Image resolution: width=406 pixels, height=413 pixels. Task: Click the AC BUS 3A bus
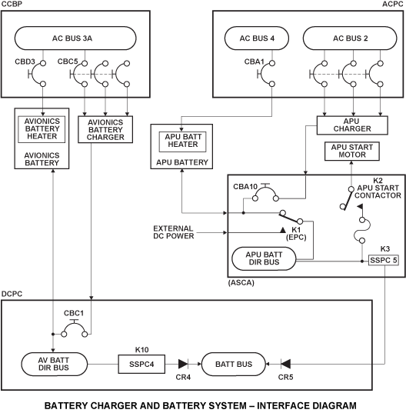(75, 38)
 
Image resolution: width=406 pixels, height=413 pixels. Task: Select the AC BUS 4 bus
(257, 38)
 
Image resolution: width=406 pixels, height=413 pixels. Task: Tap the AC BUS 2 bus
(350, 38)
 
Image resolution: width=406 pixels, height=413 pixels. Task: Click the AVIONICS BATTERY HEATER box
(42, 129)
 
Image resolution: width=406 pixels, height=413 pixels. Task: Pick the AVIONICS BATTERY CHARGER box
(105, 129)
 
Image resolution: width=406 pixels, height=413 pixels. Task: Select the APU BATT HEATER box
(183, 142)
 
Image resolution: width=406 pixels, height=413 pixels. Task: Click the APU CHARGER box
(352, 125)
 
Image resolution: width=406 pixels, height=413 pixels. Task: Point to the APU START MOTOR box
(352, 152)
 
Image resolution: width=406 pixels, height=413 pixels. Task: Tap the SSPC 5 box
(384, 260)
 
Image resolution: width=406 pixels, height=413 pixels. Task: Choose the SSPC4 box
(141, 365)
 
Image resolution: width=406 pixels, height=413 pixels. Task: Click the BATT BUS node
(234, 365)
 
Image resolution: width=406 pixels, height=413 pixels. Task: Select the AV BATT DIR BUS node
(54, 364)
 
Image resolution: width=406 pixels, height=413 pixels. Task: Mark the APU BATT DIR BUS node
(264, 258)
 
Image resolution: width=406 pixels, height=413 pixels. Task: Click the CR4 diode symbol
(183, 365)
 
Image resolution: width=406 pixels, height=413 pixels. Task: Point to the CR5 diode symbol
(286, 365)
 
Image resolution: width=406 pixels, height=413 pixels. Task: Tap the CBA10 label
(245, 187)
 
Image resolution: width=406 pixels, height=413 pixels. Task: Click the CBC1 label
(74, 313)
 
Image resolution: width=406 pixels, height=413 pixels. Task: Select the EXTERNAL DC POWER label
(174, 232)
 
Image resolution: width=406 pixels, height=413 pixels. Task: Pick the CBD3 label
(25, 62)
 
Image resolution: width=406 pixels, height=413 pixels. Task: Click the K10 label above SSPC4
(142, 350)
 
